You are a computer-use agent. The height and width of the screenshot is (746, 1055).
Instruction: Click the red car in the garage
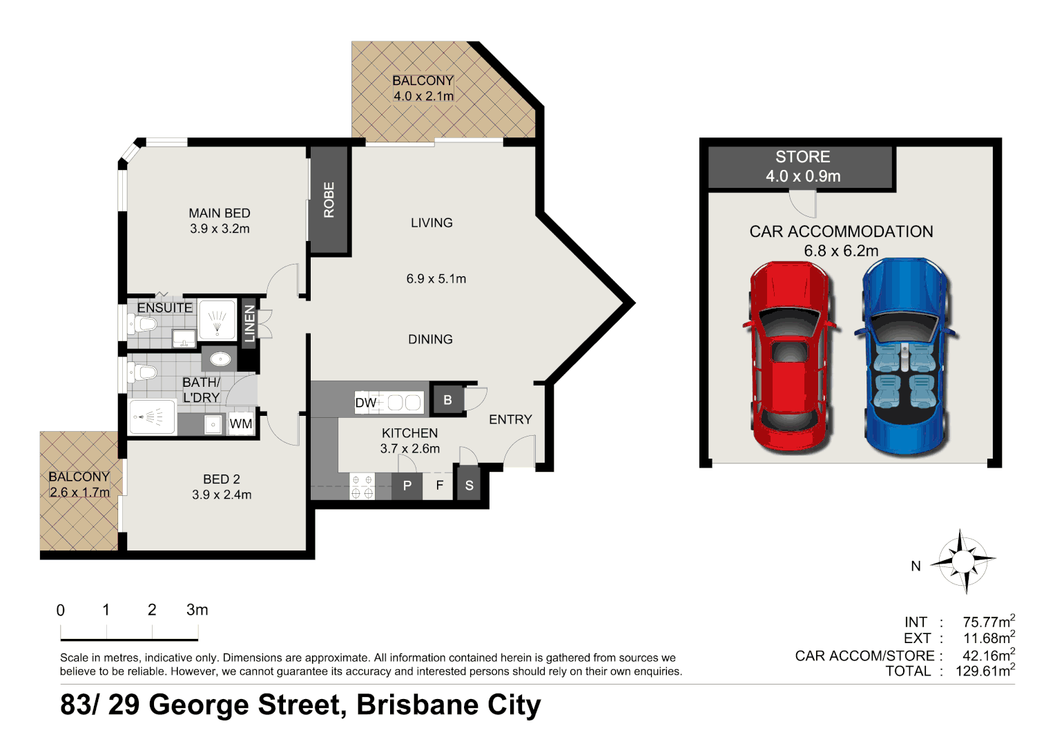(x=790, y=356)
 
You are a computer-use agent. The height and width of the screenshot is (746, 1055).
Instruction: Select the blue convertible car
(x=905, y=356)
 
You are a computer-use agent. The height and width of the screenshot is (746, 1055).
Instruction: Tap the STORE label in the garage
(x=802, y=157)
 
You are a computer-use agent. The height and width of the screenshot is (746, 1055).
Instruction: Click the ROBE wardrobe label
(x=329, y=200)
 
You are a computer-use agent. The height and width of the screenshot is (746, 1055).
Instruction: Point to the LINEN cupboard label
(x=249, y=323)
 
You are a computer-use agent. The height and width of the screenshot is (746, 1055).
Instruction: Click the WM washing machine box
(x=241, y=423)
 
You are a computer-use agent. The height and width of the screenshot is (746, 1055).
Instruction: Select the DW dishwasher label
(x=365, y=403)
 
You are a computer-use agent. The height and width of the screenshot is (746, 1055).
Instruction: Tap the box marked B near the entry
(x=447, y=400)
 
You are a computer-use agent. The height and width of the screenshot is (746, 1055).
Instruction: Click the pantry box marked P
(x=407, y=486)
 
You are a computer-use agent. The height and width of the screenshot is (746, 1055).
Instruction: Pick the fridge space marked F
(x=439, y=486)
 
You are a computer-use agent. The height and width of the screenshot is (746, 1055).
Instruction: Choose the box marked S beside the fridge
(x=469, y=486)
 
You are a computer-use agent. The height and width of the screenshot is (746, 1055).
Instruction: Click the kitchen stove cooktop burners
(x=362, y=486)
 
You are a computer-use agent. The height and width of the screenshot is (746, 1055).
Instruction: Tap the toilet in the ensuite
(x=142, y=324)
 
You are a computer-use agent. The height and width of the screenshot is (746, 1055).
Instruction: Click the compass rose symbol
(x=963, y=561)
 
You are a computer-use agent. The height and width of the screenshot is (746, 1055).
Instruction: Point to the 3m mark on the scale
(x=197, y=610)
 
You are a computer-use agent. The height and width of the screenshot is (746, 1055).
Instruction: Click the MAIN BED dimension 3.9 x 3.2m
(x=220, y=229)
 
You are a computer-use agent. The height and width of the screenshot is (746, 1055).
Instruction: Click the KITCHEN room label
(x=409, y=433)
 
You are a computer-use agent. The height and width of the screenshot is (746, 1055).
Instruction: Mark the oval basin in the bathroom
(x=220, y=360)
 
